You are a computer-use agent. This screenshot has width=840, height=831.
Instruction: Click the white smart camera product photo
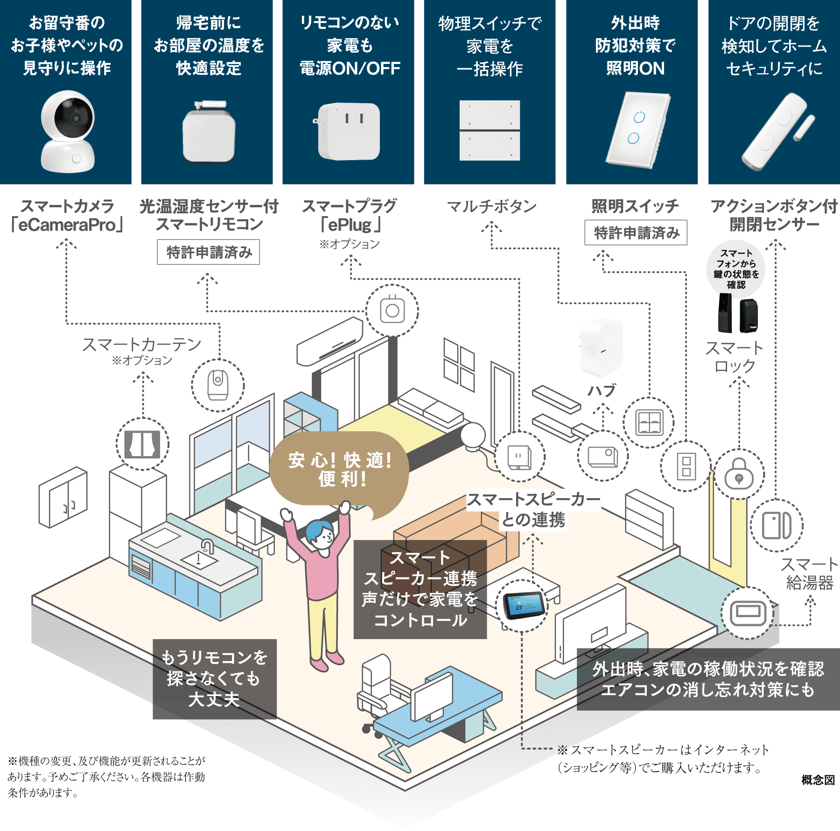coord(68,131)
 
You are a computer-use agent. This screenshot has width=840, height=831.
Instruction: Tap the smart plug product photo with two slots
coord(349,131)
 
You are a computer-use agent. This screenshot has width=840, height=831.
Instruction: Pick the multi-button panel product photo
coord(490,131)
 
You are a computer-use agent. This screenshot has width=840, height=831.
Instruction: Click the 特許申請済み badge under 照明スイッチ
coord(636,232)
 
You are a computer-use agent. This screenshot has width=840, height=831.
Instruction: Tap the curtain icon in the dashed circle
coord(142,444)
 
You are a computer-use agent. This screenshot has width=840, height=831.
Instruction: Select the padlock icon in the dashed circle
coord(739,474)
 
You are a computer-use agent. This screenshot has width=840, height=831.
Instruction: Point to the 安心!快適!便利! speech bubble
coord(340,469)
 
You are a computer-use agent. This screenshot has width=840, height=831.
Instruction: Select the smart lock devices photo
coord(738,313)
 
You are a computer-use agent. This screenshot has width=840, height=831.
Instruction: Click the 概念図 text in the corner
coord(818,779)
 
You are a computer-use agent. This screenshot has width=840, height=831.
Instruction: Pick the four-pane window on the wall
coord(459,364)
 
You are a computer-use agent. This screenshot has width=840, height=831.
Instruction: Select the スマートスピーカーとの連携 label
coord(533,509)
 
